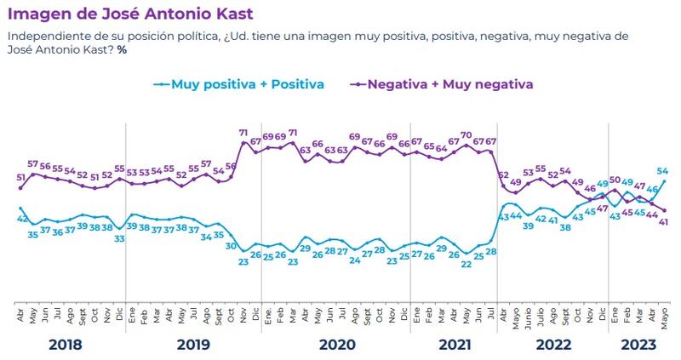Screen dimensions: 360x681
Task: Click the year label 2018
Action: point(66,345)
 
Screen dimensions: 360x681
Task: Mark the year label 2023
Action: point(638,345)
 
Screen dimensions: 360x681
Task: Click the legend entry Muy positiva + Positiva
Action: point(248,84)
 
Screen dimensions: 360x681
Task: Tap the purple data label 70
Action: point(466,135)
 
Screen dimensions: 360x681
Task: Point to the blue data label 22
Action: point(466,264)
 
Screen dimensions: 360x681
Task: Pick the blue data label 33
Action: point(120,239)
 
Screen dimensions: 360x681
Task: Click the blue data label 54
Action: point(662,171)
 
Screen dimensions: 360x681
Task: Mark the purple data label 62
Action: point(503,175)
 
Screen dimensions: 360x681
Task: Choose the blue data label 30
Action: point(230,246)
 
